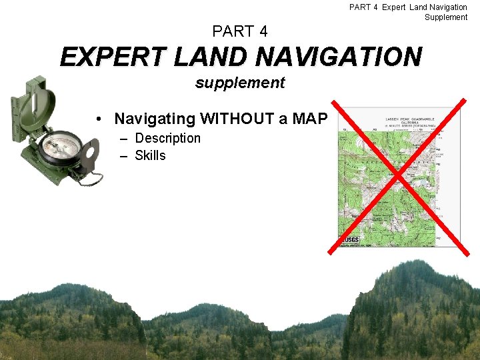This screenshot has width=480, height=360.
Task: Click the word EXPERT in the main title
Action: coord(112,57)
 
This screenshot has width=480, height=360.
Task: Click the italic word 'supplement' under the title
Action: coord(240,83)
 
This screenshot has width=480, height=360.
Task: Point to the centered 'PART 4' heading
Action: coord(240,31)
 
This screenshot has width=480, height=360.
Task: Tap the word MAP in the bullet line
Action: coord(307,119)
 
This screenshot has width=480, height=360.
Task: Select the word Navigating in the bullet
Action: coord(155,119)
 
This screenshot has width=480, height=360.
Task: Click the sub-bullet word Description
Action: coord(167,138)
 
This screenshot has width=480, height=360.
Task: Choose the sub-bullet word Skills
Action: coord(150,155)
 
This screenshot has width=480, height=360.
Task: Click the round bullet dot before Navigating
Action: coord(98,119)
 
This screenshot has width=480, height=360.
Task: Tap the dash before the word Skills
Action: coord(124,155)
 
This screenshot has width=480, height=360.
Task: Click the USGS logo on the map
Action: coord(350,239)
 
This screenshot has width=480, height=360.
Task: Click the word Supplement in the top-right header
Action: coord(446,17)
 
